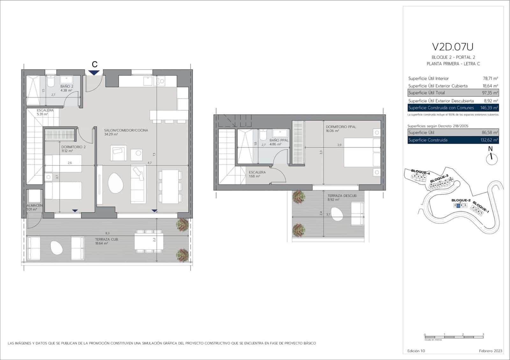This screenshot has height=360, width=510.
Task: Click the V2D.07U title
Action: pyautogui.click(x=452, y=47)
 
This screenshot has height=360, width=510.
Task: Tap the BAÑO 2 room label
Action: pyautogui.click(x=67, y=86)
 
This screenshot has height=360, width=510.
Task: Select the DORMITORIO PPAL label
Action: pyautogui.click(x=341, y=127)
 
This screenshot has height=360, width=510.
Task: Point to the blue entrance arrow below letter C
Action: pyautogui.click(x=94, y=73)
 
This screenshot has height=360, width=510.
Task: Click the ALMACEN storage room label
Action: pyautogui.click(x=34, y=205)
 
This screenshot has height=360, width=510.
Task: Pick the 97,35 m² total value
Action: pyautogui.click(x=490, y=93)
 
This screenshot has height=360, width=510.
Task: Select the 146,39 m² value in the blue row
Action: pyautogui.click(x=489, y=108)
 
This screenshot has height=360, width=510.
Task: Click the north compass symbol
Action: pyautogui.click(x=492, y=159)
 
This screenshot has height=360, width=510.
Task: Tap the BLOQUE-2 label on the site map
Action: pyautogui.click(x=461, y=200)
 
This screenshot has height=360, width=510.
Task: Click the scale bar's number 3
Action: pyautogui.click(x=483, y=335)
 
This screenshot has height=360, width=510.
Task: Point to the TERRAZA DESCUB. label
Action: pyautogui.click(x=342, y=196)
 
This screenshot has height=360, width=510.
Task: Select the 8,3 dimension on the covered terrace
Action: pyautogui.click(x=107, y=233)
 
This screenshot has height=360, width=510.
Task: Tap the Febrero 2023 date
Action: pyautogui.click(x=490, y=351)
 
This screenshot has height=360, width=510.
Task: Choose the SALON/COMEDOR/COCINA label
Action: pyautogui.click(x=126, y=130)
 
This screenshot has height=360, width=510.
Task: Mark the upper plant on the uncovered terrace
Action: pyautogui.click(x=299, y=197)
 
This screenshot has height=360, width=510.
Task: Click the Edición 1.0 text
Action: pyautogui.click(x=416, y=351)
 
